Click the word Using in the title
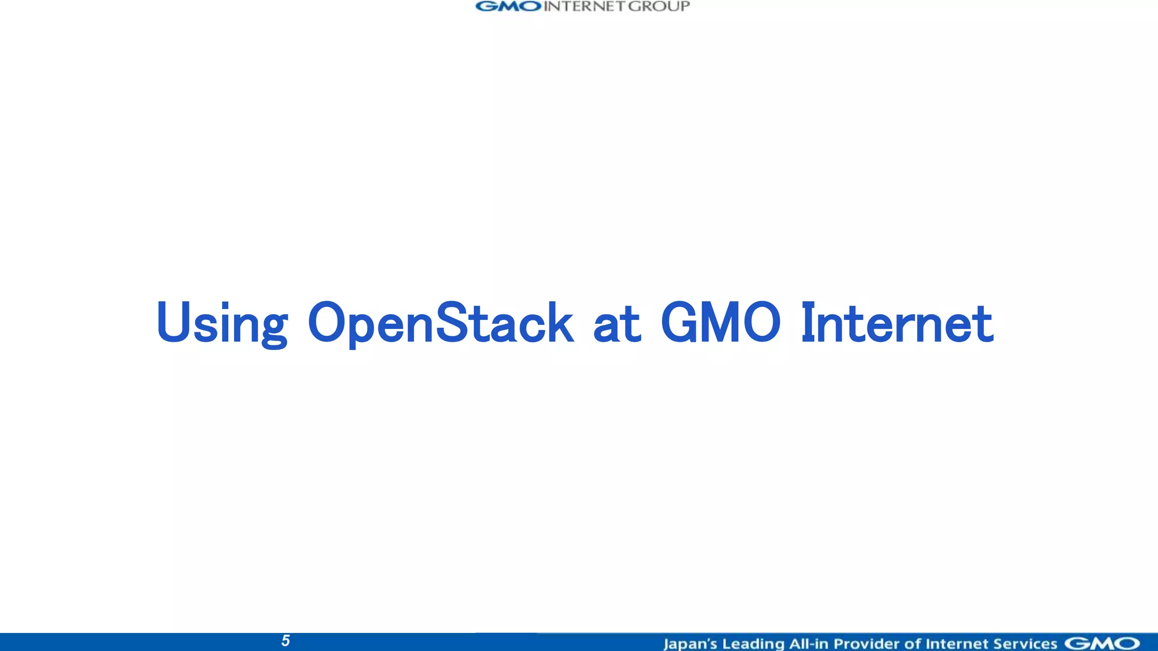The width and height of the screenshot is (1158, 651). tap(222, 323)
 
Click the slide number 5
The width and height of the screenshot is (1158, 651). tap(286, 641)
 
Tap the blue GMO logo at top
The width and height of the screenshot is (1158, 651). tap(508, 6)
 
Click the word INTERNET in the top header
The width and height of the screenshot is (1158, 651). tap(585, 6)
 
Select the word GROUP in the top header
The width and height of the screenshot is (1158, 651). tap(659, 6)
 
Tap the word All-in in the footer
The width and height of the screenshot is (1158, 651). tap(809, 644)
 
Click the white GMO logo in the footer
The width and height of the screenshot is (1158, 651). tap(1101, 644)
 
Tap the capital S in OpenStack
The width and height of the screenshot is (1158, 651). tap(452, 322)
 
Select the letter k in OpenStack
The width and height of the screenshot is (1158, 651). tap(559, 322)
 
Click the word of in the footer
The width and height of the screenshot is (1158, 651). tap(913, 644)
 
